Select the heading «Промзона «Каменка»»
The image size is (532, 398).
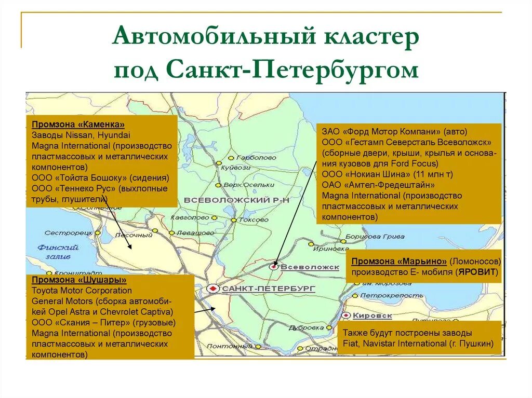click(78, 125)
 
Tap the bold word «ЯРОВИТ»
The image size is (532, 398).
click(480, 271)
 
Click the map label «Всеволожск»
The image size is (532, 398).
click(310, 267)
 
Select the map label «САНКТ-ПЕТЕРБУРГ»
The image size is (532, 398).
click(269, 289)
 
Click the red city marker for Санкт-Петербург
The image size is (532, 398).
click(212, 288)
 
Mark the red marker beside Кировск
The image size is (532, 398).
click(345, 315)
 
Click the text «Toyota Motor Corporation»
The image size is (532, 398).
click(82, 291)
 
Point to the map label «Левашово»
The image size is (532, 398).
click(195, 233)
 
